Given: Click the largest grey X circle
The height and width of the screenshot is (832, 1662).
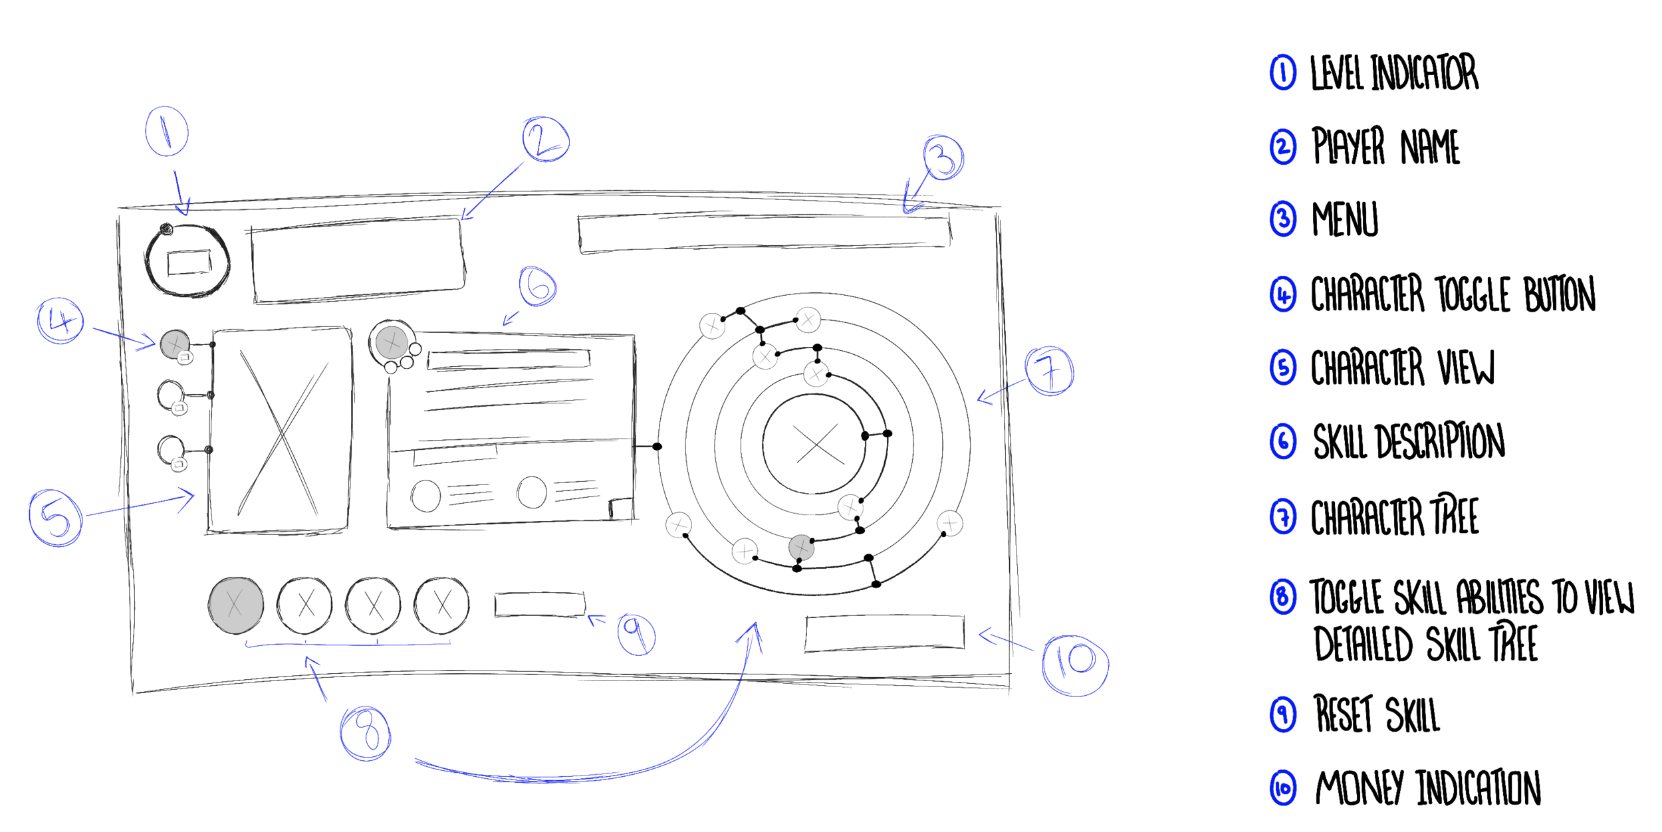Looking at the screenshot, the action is coord(236,605).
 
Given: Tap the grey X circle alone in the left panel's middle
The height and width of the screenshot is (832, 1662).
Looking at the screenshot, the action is coord(392,343).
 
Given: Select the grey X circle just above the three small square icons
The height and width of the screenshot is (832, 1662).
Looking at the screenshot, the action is coord(174,344).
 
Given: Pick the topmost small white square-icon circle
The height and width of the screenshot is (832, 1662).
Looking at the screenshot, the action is coord(185,358).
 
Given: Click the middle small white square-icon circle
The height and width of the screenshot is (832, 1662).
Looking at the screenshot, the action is coord(179,407).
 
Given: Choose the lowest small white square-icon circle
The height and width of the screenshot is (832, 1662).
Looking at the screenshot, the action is coord(178,464).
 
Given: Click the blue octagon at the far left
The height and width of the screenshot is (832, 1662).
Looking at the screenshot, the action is coord(53,520).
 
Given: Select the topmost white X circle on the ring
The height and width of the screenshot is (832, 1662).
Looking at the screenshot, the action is coord(808,320).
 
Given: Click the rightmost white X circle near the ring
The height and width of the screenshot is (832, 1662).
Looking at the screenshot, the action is coord(949,524).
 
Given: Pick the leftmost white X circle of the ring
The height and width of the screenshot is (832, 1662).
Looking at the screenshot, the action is coord(678,525).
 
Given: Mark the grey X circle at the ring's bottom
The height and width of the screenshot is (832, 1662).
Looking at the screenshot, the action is coord(801,548).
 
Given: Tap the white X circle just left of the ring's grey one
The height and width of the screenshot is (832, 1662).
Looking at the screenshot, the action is coord(745,551).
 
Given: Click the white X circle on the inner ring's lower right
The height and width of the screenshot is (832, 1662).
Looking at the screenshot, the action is coord(850,508).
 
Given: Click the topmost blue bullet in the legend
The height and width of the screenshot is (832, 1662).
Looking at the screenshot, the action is coord(1282,73).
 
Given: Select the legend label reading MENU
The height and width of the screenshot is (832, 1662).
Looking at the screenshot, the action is coord(1344,219).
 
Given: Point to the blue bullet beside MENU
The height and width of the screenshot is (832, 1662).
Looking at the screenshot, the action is coord(1282,221).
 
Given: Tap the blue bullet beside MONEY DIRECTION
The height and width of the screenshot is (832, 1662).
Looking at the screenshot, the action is coord(1282,789).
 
